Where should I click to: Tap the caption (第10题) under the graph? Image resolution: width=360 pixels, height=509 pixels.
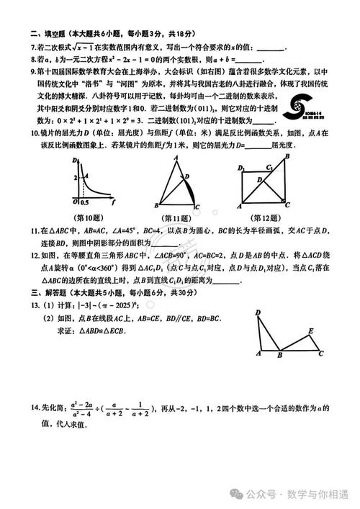pyautogui.click(x=89, y=218)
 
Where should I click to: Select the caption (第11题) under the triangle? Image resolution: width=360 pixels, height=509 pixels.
pyautogui.click(x=176, y=218)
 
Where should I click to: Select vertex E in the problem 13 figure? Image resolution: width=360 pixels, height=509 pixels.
pyautogui.click(x=310, y=330)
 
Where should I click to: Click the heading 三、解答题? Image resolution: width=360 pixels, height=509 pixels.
pyautogui.click(x=48, y=294)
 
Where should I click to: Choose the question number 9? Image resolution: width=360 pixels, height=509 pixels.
pyautogui.click(x=33, y=71)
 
